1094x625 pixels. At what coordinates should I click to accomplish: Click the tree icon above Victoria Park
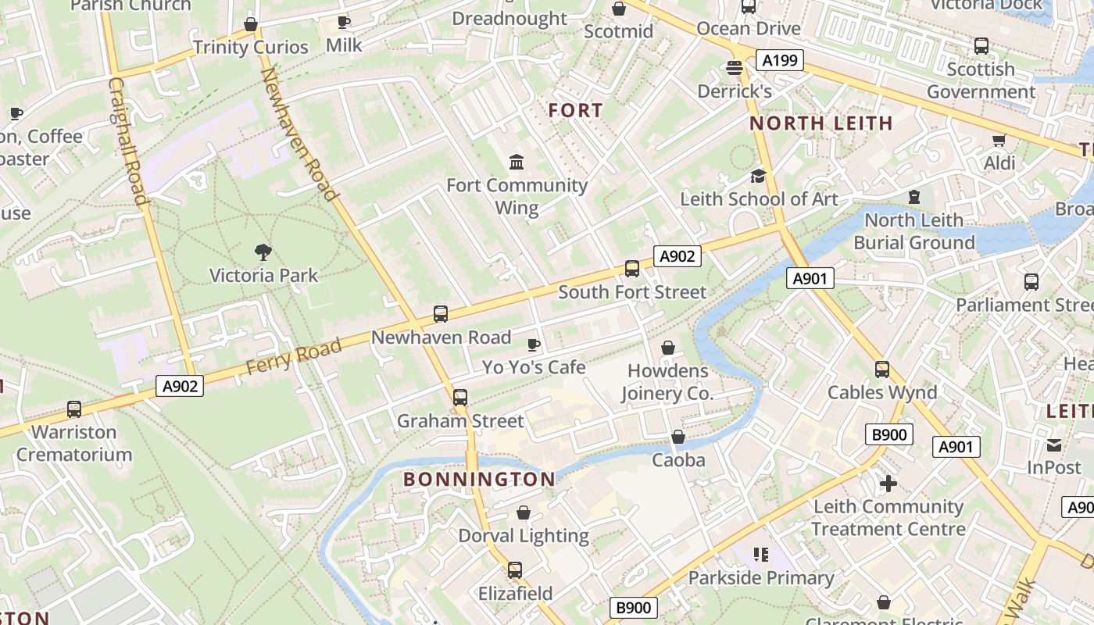[263, 252]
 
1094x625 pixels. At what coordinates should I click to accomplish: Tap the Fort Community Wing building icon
[517, 162]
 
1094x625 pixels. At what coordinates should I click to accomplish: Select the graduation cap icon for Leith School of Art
[758, 176]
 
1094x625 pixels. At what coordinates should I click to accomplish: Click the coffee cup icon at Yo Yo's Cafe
[534, 345]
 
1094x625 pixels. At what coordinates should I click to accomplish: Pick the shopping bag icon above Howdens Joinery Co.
[668, 348]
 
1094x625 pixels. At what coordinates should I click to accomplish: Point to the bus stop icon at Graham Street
[460, 398]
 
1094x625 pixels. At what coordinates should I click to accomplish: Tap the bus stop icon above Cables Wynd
[882, 370]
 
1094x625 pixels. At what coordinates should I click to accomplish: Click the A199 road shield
[780, 60]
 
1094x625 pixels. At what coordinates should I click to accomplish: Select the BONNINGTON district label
[480, 479]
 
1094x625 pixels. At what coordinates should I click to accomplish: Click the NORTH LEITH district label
[821, 123]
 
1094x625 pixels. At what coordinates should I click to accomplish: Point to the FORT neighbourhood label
[576, 111]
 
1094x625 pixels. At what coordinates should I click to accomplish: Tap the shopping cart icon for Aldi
[999, 141]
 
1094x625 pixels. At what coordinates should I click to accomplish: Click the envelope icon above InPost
[1054, 445]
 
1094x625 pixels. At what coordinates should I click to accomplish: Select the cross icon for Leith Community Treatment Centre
[888, 484]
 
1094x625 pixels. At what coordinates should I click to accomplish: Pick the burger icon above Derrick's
[734, 68]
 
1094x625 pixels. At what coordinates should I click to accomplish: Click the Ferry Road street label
[295, 356]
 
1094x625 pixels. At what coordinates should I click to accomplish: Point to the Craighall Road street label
[128, 141]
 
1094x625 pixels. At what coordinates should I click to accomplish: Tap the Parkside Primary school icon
[761, 555]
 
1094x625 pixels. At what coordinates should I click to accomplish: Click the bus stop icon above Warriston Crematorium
[74, 409]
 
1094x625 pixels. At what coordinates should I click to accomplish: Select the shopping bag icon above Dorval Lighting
[524, 512]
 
